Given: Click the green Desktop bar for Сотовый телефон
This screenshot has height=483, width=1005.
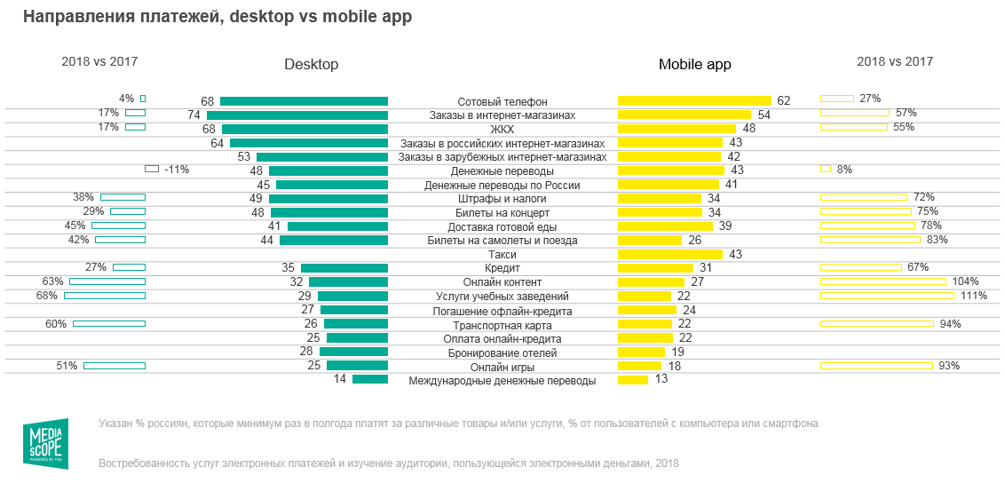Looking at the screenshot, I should point(304,101).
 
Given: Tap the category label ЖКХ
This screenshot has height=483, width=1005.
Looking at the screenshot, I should point(502,129).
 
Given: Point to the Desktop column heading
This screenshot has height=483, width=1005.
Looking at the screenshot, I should point(311,65).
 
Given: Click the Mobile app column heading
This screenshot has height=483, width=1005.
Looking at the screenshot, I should point(694,65).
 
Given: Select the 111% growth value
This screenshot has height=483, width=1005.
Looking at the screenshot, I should point(974,296).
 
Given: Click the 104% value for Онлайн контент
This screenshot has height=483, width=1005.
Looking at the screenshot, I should point(965,281).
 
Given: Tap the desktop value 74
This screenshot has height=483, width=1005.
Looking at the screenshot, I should point(194,115).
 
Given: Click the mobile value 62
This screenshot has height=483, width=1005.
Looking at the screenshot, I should point(783,101).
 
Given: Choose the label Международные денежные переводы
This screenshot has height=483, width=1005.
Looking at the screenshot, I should point(502,381).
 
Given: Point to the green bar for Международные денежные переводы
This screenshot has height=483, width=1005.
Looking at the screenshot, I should point(370,380).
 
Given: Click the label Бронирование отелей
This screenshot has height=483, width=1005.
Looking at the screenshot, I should point(502,352).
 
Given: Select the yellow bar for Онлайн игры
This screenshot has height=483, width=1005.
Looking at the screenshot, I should point(639,366).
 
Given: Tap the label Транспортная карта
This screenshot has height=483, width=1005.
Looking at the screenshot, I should point(502,325).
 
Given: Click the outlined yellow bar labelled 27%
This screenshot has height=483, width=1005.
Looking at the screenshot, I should point(836,99).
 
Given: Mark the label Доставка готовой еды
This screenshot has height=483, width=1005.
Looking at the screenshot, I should point(502,226).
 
